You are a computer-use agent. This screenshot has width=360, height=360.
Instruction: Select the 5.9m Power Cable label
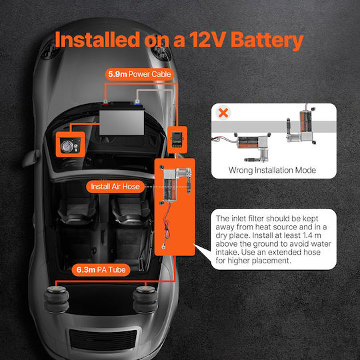pyautogui.click(x=139, y=75)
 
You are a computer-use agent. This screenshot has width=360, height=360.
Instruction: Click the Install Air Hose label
pyautogui.click(x=115, y=187)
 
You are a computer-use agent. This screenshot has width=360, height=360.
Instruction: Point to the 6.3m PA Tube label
pyautogui.click(x=101, y=269)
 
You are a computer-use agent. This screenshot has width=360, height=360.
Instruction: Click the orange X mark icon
pyautogui.click(x=223, y=113)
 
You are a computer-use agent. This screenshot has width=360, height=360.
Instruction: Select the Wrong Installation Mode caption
pyautogui.click(x=272, y=170)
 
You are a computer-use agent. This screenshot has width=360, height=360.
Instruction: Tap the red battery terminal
pyautogui.click(x=105, y=103)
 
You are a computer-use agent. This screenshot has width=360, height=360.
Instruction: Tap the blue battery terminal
pyautogui.click(x=137, y=102)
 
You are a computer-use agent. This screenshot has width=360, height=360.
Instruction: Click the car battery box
pyautogui.click(x=122, y=120)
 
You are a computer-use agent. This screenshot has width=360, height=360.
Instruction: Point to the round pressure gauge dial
pyautogui.click(x=67, y=146)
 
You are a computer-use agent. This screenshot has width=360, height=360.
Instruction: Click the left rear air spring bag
pyautogui.click(x=56, y=299)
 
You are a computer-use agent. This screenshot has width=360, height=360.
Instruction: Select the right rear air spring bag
pyautogui.click(x=145, y=299)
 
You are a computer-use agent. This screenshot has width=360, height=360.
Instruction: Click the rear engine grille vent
pyautogui.click(x=103, y=340)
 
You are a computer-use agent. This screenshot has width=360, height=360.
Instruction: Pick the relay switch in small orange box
pyautogui.click(x=177, y=140)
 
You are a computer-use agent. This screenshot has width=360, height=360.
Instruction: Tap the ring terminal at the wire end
pyautogui.click(x=164, y=247)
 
